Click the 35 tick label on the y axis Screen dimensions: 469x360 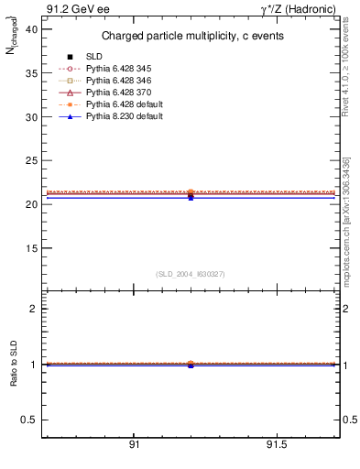(31, 74)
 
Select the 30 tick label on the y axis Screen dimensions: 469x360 (31, 117)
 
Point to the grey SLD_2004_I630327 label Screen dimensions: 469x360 (191, 274)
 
